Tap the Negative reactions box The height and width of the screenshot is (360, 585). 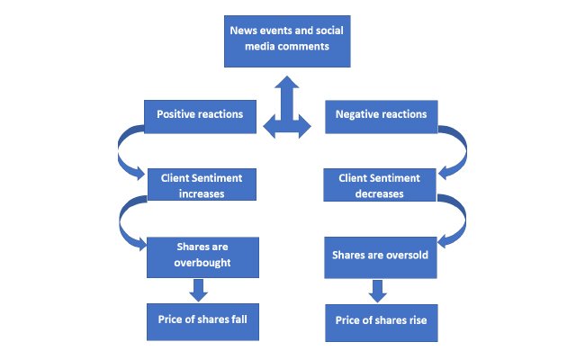pyautogui.click(x=381, y=114)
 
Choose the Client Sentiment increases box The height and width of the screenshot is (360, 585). pyautogui.click(x=208, y=185)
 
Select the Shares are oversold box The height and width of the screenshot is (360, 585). pyautogui.click(x=379, y=256)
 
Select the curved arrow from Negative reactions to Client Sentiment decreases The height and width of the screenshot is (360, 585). pyautogui.click(x=454, y=151)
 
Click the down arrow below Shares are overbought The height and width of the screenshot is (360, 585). pyautogui.click(x=200, y=290)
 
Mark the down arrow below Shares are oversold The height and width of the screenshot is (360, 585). pyautogui.click(x=379, y=290)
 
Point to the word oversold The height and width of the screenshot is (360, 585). pyautogui.click(x=404, y=256)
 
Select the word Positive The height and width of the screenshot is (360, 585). pyautogui.click(x=177, y=114)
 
